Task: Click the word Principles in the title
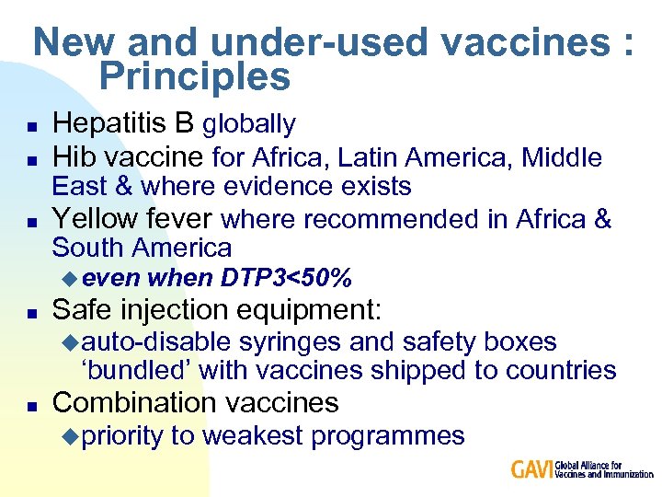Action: (194, 77)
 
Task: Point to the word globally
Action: (248, 124)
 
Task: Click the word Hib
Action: (74, 157)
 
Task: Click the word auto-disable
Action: (157, 342)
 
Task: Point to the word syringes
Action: (290, 342)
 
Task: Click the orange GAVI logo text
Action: (532, 469)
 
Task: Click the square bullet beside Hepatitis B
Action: (31, 125)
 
